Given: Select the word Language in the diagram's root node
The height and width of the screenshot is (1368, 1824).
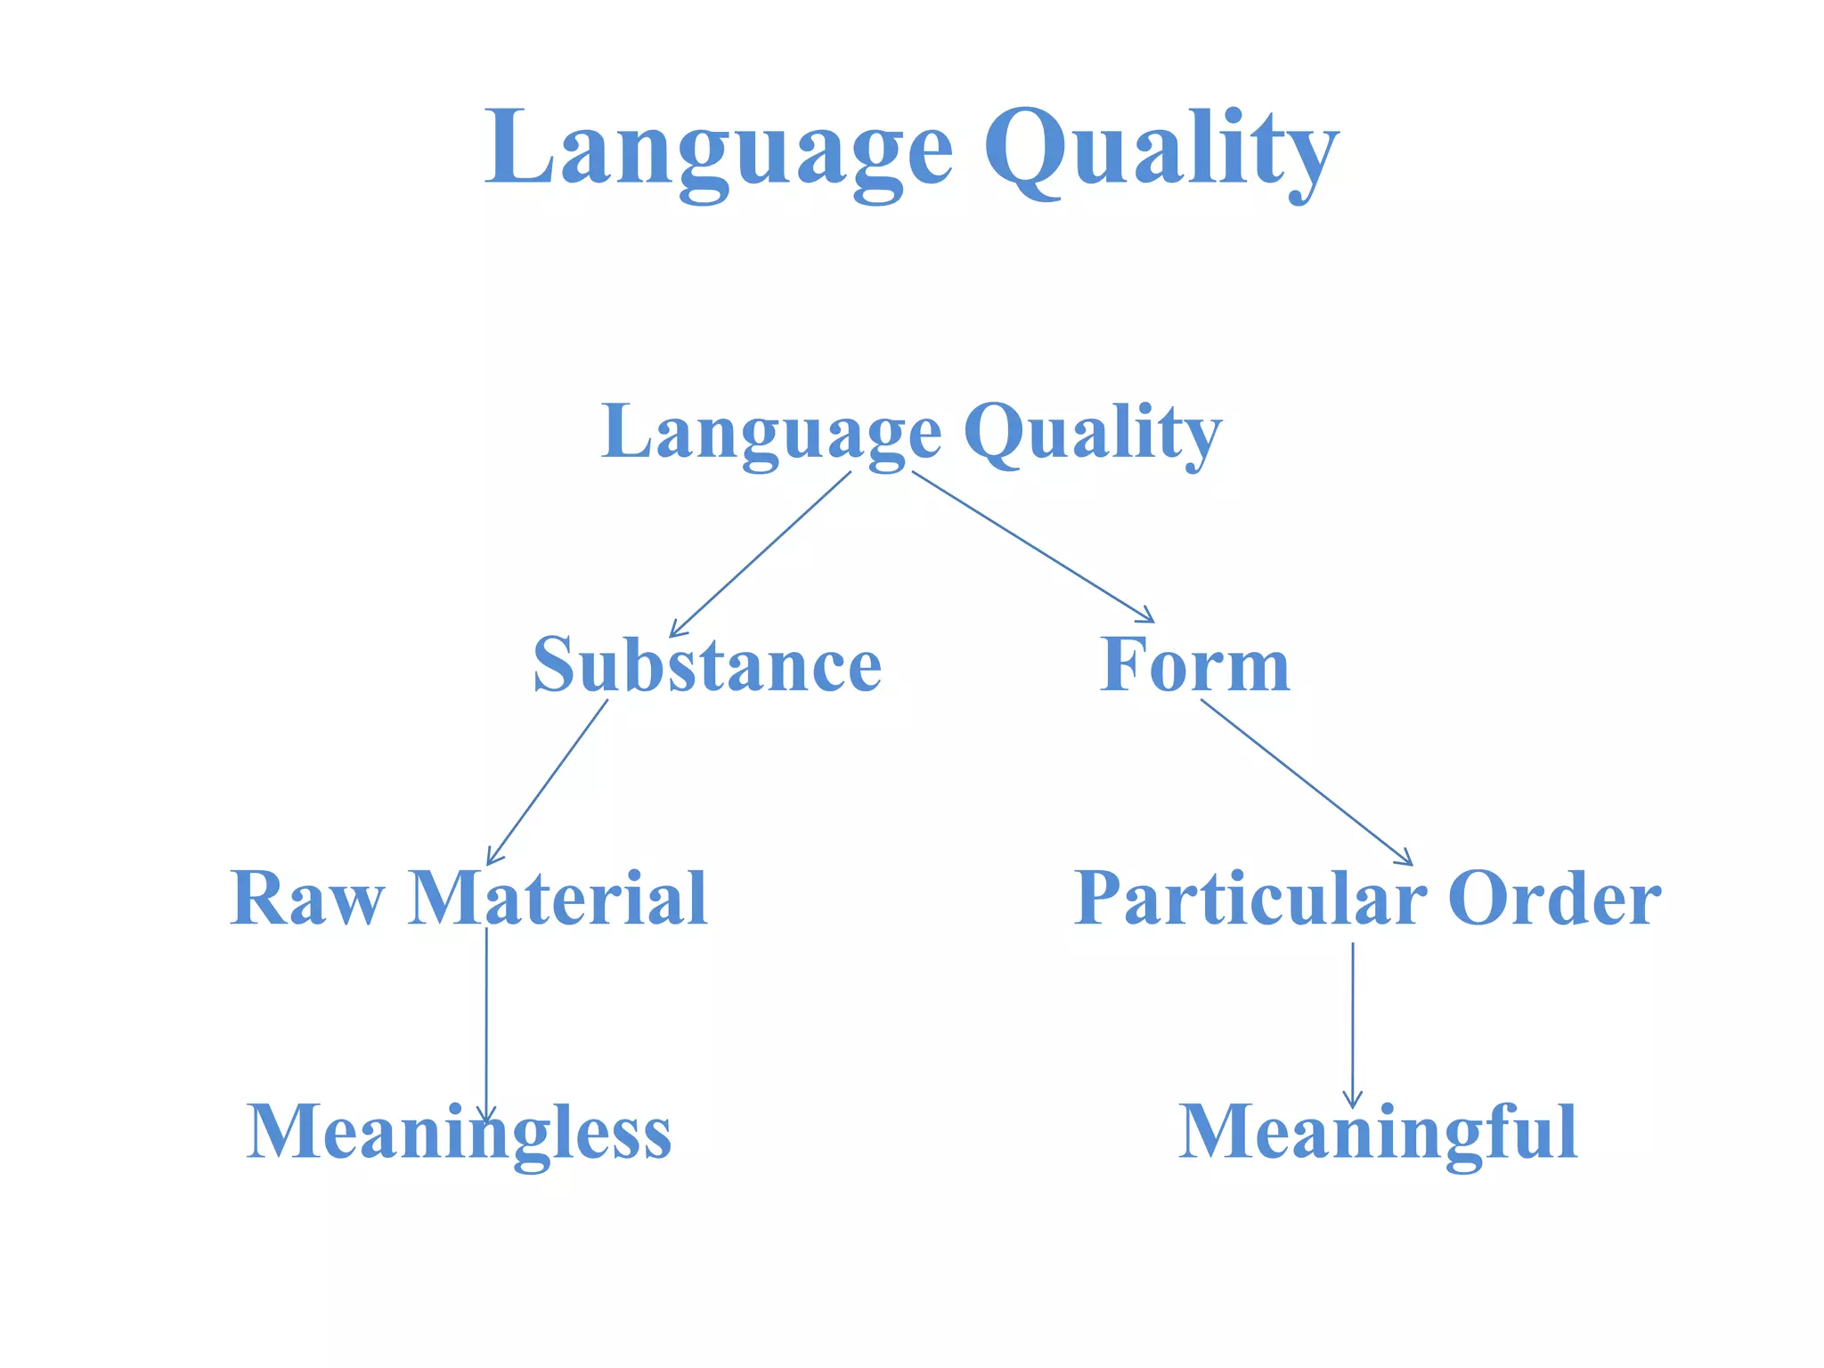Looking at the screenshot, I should (771, 432).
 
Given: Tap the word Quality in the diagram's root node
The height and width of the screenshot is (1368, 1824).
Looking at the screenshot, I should (1092, 432).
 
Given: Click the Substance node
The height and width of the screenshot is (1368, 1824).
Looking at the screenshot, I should (707, 665).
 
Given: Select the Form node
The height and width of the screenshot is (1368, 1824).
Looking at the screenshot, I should (1194, 665).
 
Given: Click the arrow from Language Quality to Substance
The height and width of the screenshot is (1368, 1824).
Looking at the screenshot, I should (761, 553).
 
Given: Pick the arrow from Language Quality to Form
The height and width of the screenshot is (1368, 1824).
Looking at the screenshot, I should (1033, 546).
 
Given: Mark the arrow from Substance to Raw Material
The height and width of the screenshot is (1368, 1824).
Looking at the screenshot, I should (548, 782).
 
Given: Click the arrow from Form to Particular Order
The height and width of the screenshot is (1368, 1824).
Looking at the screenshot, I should (1307, 782).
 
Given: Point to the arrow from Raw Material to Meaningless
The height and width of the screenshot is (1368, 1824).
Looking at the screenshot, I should (486, 1024).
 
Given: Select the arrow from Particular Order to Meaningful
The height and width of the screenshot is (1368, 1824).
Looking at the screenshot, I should (1353, 1024).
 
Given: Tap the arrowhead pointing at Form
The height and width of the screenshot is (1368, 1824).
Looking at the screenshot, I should (1147, 616).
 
